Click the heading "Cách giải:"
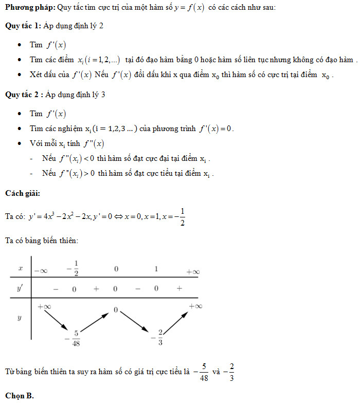click(22, 193)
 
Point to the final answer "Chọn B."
click(20, 396)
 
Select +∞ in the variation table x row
click(192, 271)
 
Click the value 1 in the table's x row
click(156, 268)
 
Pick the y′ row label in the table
click(20, 288)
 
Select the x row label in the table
click(20, 268)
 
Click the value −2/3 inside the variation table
click(158, 337)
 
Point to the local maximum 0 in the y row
click(116, 310)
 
